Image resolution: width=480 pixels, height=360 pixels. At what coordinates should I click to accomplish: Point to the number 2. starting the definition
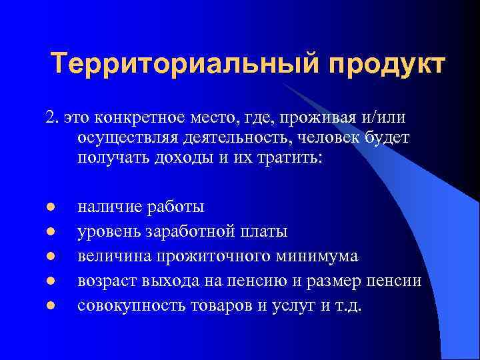click(53, 117)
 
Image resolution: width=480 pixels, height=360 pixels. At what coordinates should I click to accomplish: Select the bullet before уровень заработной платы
click(50, 232)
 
